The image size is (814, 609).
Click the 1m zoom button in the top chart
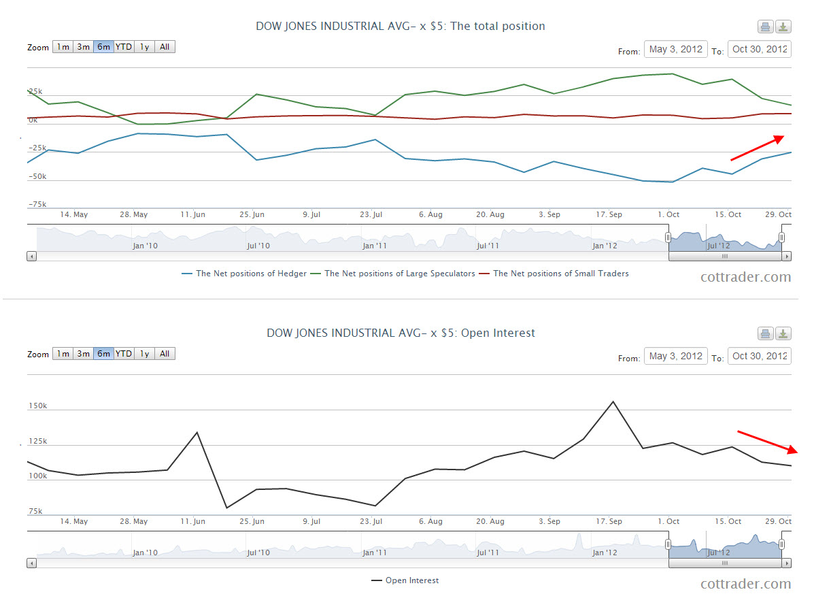tap(63, 47)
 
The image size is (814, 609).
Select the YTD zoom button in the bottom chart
tap(124, 354)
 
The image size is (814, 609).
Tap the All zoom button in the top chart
tap(165, 47)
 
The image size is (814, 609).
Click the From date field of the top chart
tap(675, 50)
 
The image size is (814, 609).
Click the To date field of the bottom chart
tap(759, 356)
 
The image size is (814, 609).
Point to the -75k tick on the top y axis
tap(37, 204)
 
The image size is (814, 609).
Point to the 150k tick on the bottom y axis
tap(37, 406)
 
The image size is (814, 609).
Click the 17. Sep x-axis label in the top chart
tap(609, 215)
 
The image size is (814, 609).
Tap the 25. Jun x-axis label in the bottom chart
tap(252, 522)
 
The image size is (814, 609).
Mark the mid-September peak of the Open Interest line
tap(613, 401)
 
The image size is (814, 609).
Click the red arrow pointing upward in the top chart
tap(757, 148)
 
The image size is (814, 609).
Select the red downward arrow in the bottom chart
tap(767, 442)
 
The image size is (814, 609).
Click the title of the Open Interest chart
tap(401, 333)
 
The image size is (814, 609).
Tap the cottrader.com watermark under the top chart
tap(746, 277)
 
